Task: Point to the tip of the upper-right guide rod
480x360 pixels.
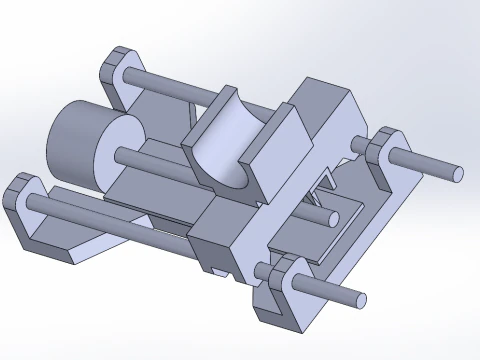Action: click(455, 171)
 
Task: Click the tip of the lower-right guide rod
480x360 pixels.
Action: click(355, 297)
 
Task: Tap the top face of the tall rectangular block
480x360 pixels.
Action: click(325, 92)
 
